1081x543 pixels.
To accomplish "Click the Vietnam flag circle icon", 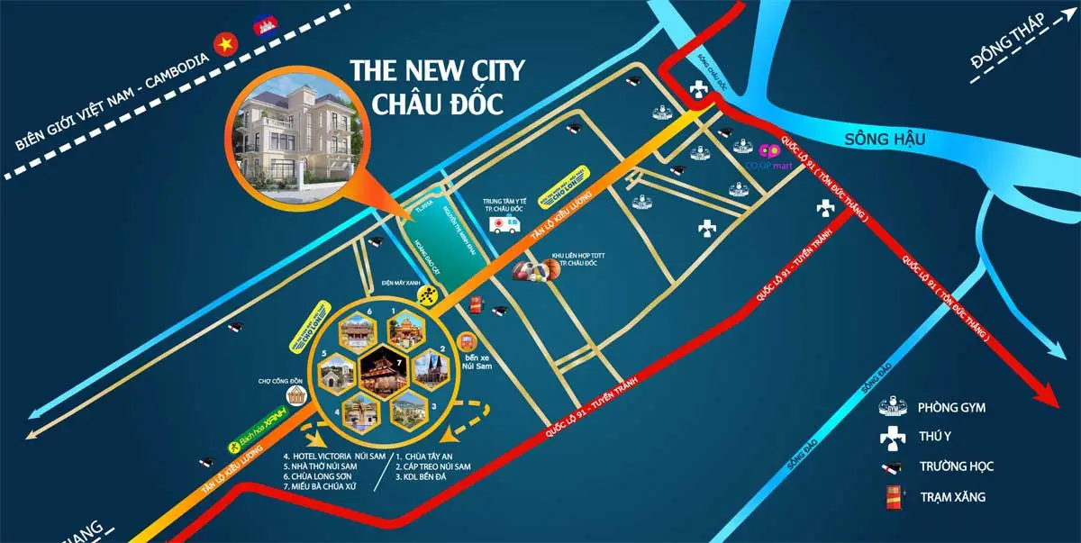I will [x=221, y=42].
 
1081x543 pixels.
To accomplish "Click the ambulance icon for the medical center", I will [x=505, y=222].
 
